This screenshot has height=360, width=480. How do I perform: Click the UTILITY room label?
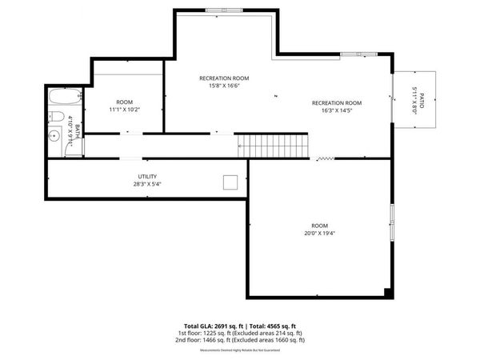coord(147,176)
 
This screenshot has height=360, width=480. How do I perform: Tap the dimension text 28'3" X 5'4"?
coord(147,184)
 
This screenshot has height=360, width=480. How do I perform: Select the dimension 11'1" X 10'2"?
coord(124,110)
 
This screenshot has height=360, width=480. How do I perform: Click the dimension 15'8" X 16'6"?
coord(224,86)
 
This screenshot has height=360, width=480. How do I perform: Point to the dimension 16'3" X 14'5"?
coord(337,110)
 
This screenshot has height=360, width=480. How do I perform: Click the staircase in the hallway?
coord(275,146)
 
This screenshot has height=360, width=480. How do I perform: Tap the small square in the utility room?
coord(230,182)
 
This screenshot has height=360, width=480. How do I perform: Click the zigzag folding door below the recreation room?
coord(325,159)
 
